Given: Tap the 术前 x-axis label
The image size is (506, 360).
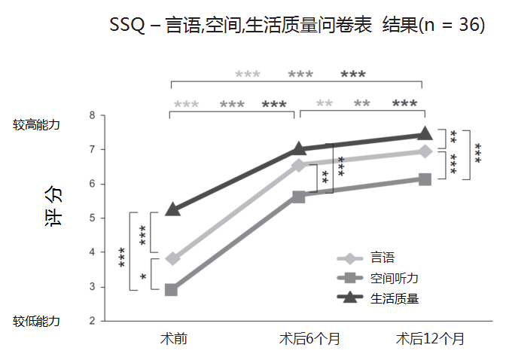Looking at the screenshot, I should (x=173, y=338).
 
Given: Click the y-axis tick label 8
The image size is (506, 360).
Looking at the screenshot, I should (x=92, y=115).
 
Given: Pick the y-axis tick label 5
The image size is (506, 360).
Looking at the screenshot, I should (x=92, y=218).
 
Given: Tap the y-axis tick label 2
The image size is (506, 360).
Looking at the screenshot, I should (x=92, y=322).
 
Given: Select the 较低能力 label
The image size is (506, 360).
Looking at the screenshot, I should (x=36, y=322).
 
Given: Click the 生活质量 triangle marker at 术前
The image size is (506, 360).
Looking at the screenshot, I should (x=172, y=209).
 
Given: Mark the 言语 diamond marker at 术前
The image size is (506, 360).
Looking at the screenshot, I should (x=172, y=258).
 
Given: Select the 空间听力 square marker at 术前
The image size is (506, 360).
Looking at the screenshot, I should (x=172, y=290).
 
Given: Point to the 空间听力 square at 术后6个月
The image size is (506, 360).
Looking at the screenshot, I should (x=298, y=197).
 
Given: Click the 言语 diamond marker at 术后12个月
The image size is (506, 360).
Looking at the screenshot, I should (x=425, y=151).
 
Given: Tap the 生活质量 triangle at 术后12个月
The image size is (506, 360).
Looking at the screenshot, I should (x=425, y=135).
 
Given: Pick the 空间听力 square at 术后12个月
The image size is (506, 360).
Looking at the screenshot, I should (x=425, y=179).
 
